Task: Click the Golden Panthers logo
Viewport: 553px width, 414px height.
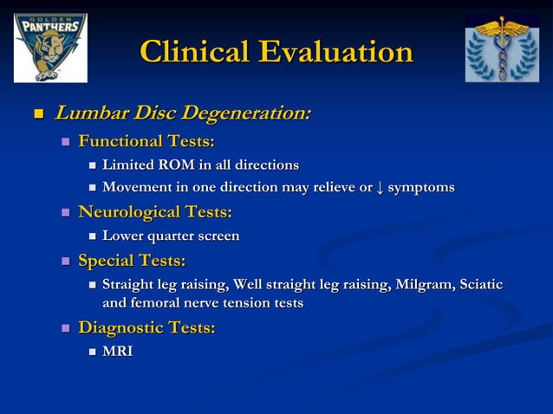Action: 49,48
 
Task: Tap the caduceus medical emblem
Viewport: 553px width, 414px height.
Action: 502,48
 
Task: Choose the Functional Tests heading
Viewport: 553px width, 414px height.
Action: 146,141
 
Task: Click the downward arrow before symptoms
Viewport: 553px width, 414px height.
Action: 380,188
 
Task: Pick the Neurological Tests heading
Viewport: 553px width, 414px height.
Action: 155,212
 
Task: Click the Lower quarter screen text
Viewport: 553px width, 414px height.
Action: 171,236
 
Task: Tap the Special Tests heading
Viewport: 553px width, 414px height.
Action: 132,261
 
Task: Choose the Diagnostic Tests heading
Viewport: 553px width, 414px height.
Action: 146,328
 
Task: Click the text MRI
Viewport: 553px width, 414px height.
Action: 117,352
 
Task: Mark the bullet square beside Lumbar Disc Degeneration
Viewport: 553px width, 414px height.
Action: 37,114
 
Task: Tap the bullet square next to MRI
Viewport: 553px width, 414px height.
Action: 92,353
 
